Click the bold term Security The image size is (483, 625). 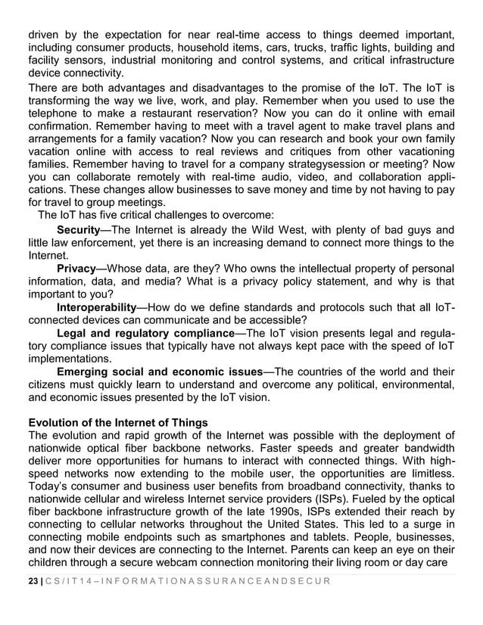[x=79, y=229]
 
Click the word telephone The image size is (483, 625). [x=53, y=113]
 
